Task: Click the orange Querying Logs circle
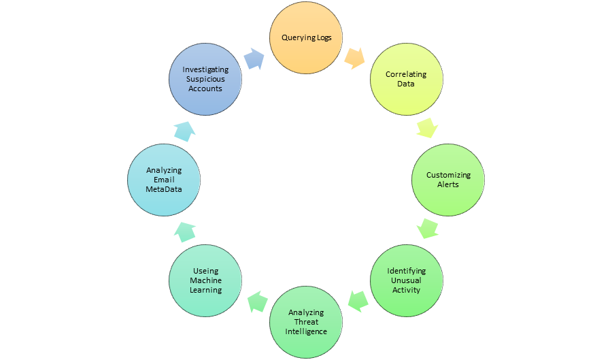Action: coord(307,37)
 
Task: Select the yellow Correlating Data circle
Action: coord(406,79)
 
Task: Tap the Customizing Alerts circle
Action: coord(448,180)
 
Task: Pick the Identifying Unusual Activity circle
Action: coord(406,280)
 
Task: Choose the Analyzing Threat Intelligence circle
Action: coord(306,322)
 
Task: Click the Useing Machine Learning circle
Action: coord(205,280)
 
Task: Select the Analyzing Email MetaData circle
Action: coord(164,180)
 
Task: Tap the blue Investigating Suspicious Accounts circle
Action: coord(205,79)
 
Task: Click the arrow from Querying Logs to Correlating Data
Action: coord(354,58)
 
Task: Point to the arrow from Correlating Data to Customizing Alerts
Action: coord(426,127)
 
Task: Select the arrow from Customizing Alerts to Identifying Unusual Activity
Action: coord(427,228)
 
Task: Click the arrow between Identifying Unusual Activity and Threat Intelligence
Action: coord(358,299)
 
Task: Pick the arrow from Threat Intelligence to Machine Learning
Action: coord(256,300)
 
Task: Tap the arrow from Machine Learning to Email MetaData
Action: coord(184,231)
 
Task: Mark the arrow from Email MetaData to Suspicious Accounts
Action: coord(184,130)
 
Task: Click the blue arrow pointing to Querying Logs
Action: coord(254,59)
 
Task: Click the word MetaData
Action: coord(164,189)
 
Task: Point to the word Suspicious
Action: coord(205,79)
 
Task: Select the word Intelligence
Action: coord(306,331)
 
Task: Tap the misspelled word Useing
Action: coord(205,271)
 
